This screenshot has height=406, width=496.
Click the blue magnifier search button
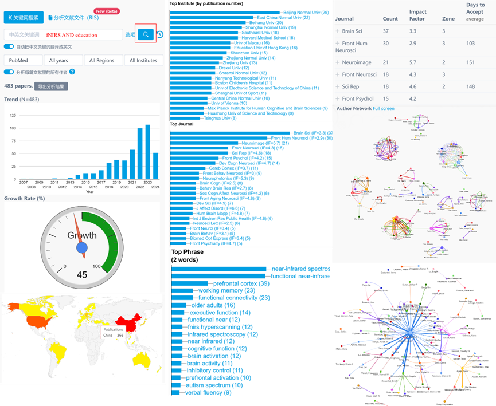click(x=146, y=34)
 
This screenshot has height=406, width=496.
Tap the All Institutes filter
click(x=143, y=60)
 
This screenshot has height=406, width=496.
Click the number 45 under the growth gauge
click(x=82, y=275)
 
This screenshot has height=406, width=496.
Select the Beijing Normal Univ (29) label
click(x=306, y=12)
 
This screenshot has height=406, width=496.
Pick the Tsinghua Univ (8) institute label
click(x=221, y=118)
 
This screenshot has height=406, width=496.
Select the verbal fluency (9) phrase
click(x=208, y=392)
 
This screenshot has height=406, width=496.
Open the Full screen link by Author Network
click(x=384, y=108)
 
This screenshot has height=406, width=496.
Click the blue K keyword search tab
click(x=23, y=17)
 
